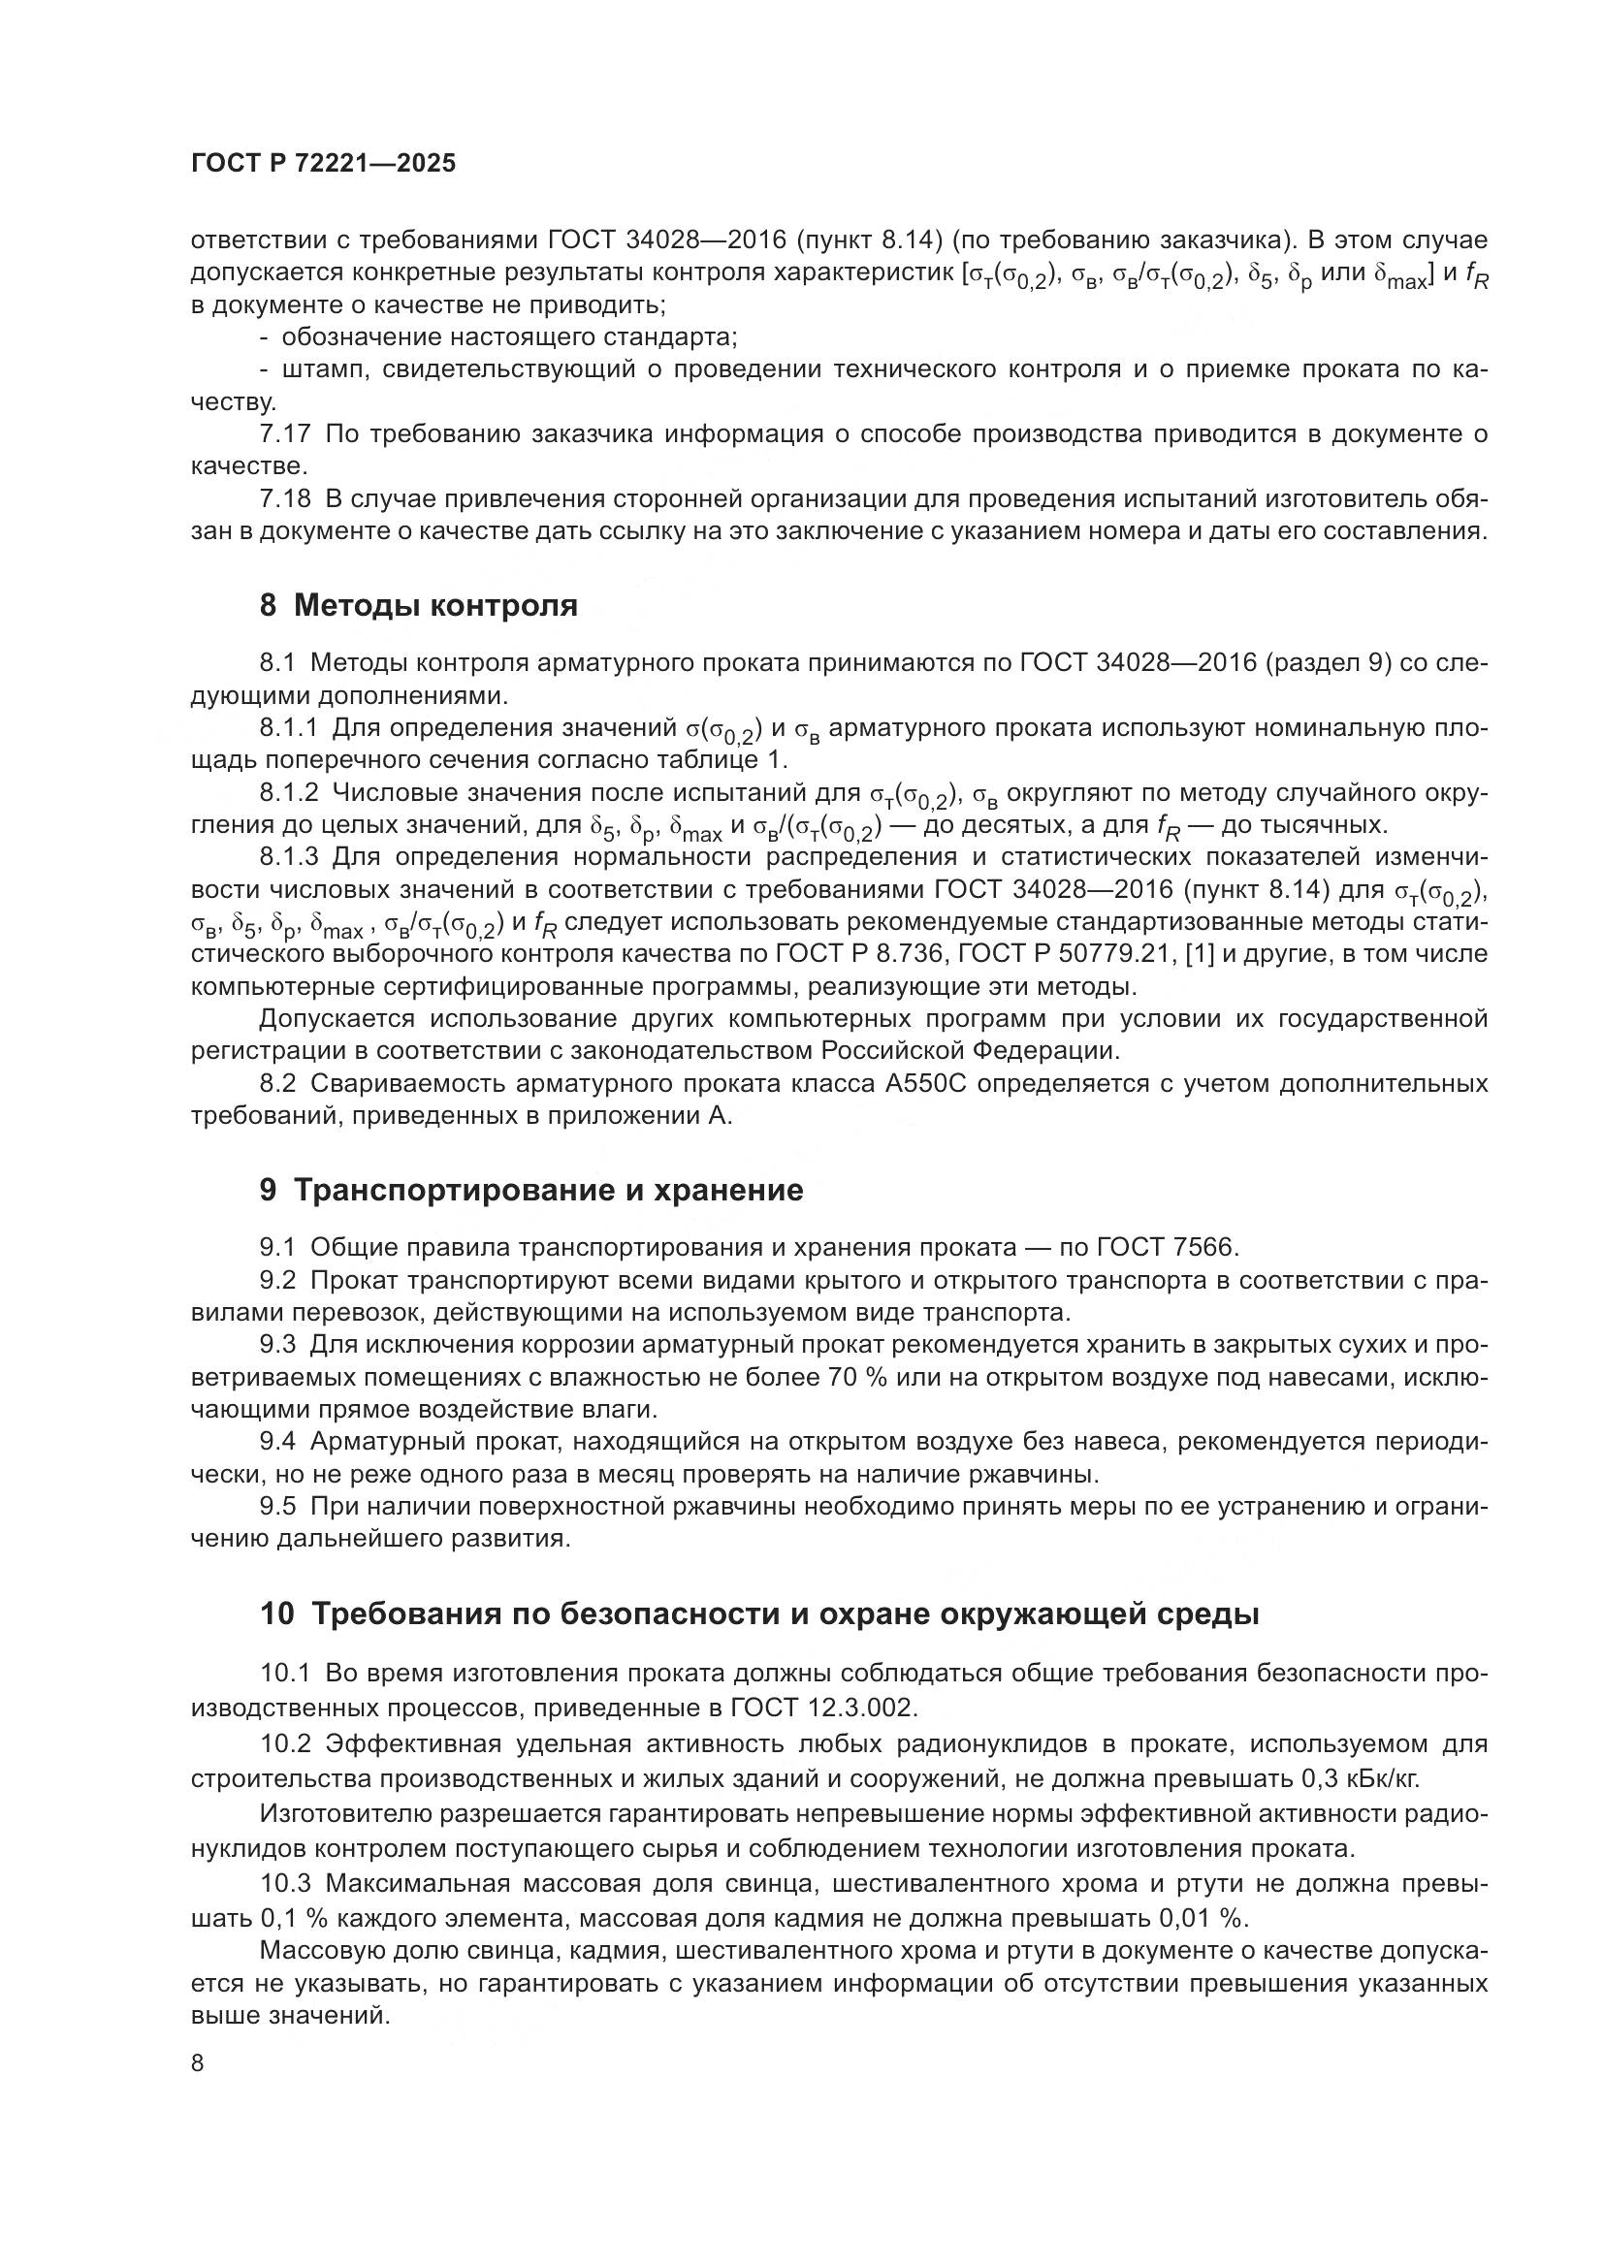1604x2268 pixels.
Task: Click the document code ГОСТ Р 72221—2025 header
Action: [x=323, y=164]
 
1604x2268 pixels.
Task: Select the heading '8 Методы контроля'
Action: [x=419, y=604]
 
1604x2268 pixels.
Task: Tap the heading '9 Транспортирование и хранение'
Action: [x=531, y=1190]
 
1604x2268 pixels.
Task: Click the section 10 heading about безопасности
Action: [x=759, y=1613]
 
